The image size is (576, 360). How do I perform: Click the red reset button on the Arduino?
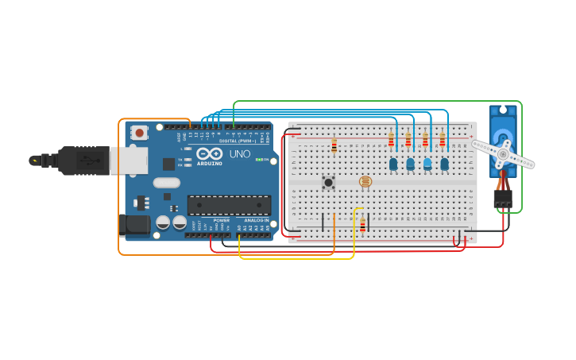140,133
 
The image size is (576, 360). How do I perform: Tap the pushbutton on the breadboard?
328,183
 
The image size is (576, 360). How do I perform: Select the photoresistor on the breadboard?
365,181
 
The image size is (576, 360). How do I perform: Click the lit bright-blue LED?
427,164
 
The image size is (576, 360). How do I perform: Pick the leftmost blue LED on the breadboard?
393,164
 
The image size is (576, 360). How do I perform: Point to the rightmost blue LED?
444,164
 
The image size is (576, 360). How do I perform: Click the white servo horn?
503,153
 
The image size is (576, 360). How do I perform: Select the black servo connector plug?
502,198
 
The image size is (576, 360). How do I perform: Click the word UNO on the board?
240,154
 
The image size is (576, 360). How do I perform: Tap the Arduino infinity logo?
210,153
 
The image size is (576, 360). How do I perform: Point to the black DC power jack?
135,224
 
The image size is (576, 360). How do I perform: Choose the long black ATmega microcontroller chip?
229,205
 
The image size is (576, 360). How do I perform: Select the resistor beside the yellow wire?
363,226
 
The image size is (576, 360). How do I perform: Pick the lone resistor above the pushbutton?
334,145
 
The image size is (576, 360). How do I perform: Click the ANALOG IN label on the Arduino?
255,220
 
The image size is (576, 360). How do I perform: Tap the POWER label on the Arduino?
220,220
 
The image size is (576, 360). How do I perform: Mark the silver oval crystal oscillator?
167,183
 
